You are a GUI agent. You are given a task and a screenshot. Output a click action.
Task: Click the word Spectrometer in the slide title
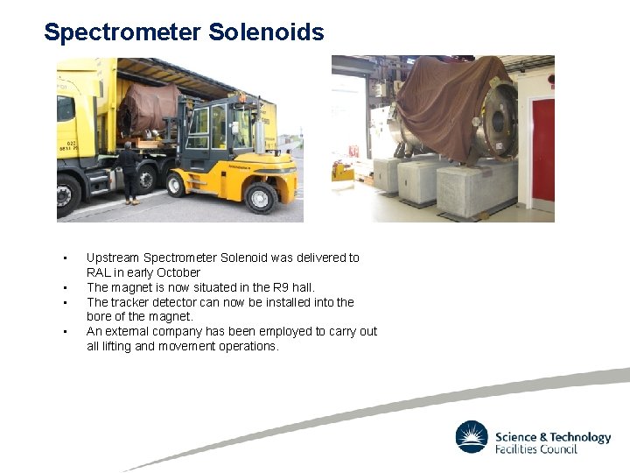pyautogui.click(x=122, y=32)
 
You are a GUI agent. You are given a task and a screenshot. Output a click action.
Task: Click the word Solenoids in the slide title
pyautogui.click(x=266, y=32)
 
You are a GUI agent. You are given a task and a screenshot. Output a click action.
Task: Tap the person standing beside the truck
pyautogui.click(x=129, y=172)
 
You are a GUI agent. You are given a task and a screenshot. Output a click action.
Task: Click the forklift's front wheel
pyautogui.click(x=178, y=184)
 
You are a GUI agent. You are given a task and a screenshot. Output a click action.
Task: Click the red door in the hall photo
pyautogui.click(x=543, y=149)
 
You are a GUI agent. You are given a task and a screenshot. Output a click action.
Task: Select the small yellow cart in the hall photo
pyautogui.click(x=343, y=171)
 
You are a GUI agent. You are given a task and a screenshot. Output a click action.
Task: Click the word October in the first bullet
pyautogui.click(x=178, y=272)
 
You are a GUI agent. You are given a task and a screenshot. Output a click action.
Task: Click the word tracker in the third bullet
pyautogui.click(x=127, y=302)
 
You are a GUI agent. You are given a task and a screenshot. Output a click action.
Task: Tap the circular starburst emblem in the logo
pyautogui.click(x=472, y=437)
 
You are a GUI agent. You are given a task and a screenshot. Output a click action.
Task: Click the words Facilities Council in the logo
pyautogui.click(x=536, y=448)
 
